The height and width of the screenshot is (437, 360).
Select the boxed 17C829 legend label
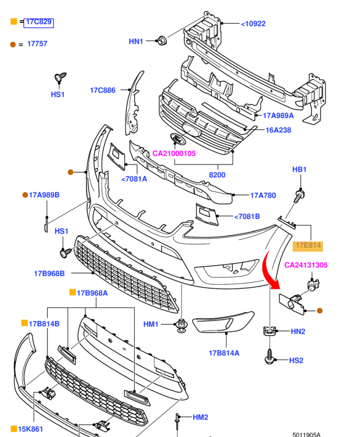39,22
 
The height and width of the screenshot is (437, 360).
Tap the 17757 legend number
37,44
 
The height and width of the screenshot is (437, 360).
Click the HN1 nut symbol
162,40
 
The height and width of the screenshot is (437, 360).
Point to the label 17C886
102,90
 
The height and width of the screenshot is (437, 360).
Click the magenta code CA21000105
174,153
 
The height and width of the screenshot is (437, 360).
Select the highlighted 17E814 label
308,245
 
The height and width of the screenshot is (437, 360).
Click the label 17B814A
224,353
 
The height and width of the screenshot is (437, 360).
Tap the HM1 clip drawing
181,325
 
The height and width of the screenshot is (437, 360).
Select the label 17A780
263,195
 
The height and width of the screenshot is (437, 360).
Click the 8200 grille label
217,175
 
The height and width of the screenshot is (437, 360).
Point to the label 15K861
31,429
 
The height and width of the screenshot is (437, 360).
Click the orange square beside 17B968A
72,292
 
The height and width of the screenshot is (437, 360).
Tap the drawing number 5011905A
306,434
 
